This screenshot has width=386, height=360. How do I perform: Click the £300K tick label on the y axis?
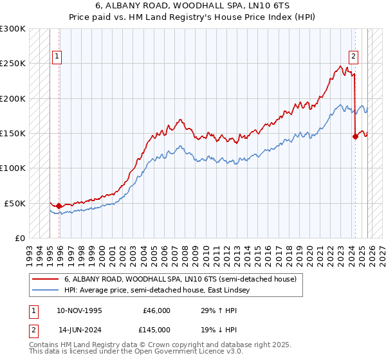coord(13,29)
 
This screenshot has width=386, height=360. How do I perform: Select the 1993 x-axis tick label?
coord(29,250)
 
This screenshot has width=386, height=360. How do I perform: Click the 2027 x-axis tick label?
coord(381,250)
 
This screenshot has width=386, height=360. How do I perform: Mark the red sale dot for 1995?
coord(59,206)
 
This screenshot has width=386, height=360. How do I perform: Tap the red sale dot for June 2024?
coord(354,136)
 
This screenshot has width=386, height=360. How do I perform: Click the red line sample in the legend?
coord(46,280)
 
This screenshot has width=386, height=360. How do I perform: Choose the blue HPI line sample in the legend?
coord(46,291)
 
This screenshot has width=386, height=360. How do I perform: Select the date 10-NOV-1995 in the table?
coord(80,310)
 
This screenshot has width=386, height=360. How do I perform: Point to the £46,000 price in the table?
coord(156,310)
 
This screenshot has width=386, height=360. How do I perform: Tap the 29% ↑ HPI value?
coord(219,310)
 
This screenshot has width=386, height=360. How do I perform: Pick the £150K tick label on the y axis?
coord(13,133)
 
